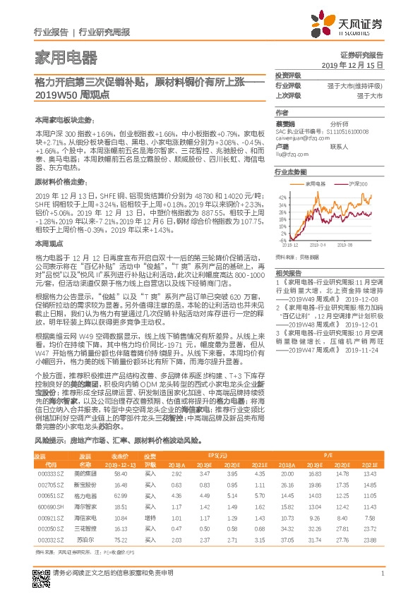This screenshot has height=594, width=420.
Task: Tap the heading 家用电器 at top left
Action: (66, 57)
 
